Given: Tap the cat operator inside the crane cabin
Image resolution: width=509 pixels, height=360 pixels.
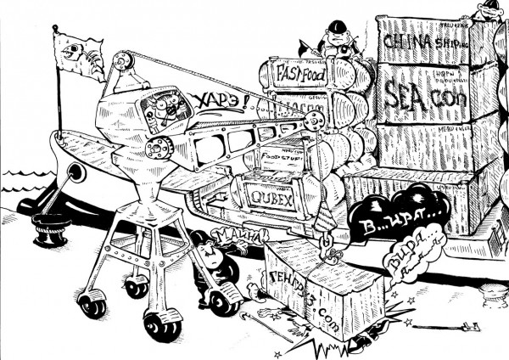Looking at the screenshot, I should pyautogui.click(x=160, y=107).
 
